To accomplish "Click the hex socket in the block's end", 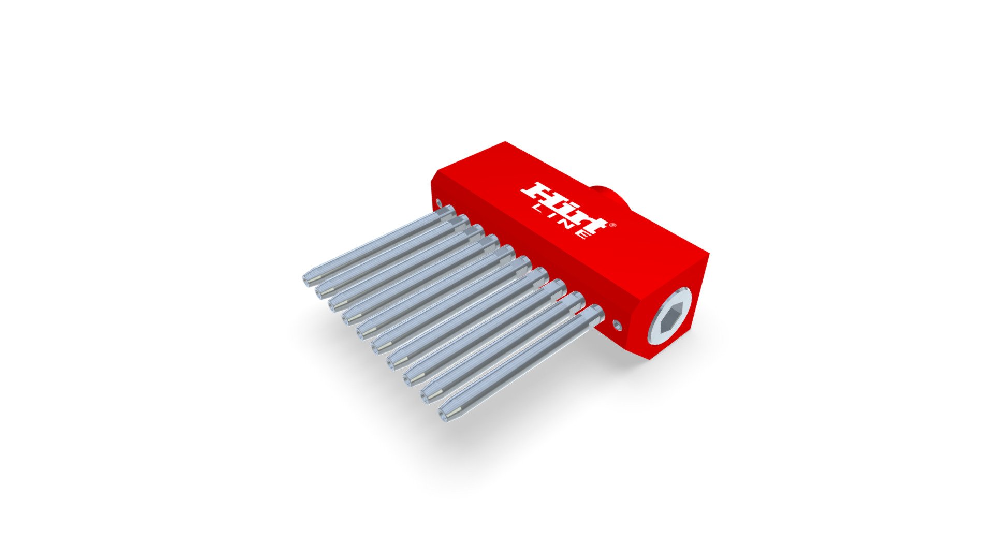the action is pyautogui.click(x=671, y=316).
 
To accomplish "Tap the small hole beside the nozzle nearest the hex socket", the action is pyautogui.click(x=617, y=325).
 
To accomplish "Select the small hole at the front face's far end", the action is pyautogui.click(x=440, y=201).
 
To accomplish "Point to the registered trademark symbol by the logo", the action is pyautogui.click(x=612, y=225).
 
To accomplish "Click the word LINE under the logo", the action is pyautogui.click(x=561, y=222).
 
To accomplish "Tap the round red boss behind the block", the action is pyautogui.click(x=610, y=196).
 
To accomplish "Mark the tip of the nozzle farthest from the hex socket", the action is pyautogui.click(x=306, y=279).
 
